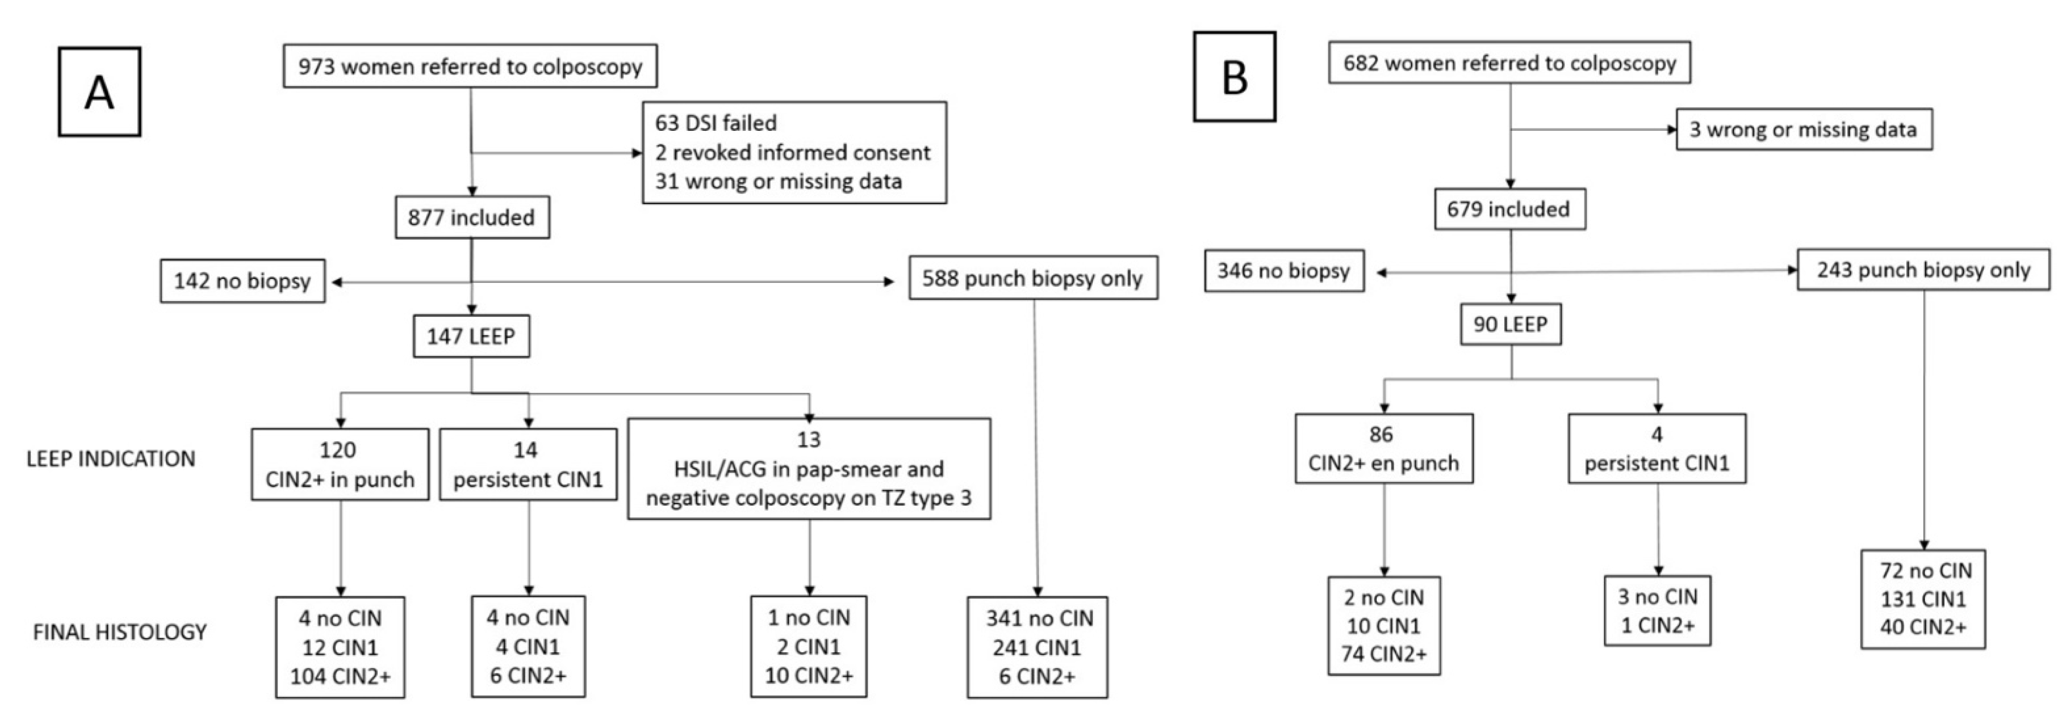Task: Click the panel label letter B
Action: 1234,77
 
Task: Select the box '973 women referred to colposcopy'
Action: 470,66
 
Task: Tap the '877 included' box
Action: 472,217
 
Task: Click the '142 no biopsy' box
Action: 243,281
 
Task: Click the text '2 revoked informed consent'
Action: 793,152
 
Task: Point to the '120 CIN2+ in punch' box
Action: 340,465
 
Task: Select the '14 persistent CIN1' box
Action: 527,465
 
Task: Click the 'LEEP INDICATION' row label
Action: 111,459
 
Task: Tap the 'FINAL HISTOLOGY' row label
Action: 120,632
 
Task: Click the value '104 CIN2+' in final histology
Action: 340,677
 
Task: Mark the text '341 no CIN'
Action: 1038,618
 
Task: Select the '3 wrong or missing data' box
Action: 1803,129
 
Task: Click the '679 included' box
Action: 1508,209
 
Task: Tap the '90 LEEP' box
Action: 1510,324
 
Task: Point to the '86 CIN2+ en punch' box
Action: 1383,449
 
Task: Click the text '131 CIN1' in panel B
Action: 1922,599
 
